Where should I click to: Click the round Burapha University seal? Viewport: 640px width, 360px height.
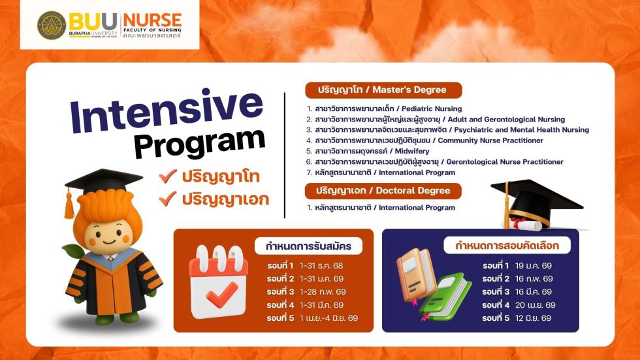[x=52, y=25]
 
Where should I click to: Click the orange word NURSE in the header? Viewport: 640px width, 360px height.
[x=152, y=20]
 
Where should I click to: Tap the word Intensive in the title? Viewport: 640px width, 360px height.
[x=167, y=110]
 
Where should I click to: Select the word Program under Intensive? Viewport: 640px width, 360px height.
[x=200, y=143]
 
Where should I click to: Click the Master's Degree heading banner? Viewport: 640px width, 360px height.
[x=383, y=90]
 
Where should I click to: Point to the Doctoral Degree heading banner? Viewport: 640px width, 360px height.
[x=383, y=191]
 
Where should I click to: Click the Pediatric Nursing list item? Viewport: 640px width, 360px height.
[x=384, y=109]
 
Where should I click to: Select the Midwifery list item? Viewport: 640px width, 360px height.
[x=368, y=151]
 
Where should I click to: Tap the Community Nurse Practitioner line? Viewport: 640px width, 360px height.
[x=425, y=140]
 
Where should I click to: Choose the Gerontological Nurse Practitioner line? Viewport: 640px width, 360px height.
[x=435, y=161]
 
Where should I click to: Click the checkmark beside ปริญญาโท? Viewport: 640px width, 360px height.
[x=168, y=176]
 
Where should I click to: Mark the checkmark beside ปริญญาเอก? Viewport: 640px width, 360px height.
[x=168, y=199]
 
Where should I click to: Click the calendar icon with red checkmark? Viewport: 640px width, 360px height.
[x=218, y=282]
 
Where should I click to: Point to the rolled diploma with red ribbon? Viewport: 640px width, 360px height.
[x=523, y=223]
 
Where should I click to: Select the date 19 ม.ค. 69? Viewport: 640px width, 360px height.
[x=533, y=266]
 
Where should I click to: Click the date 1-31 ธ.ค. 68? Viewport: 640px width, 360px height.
[x=321, y=266]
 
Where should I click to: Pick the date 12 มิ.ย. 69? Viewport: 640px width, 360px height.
[x=533, y=318]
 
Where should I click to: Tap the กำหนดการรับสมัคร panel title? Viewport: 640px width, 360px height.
[x=308, y=246]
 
